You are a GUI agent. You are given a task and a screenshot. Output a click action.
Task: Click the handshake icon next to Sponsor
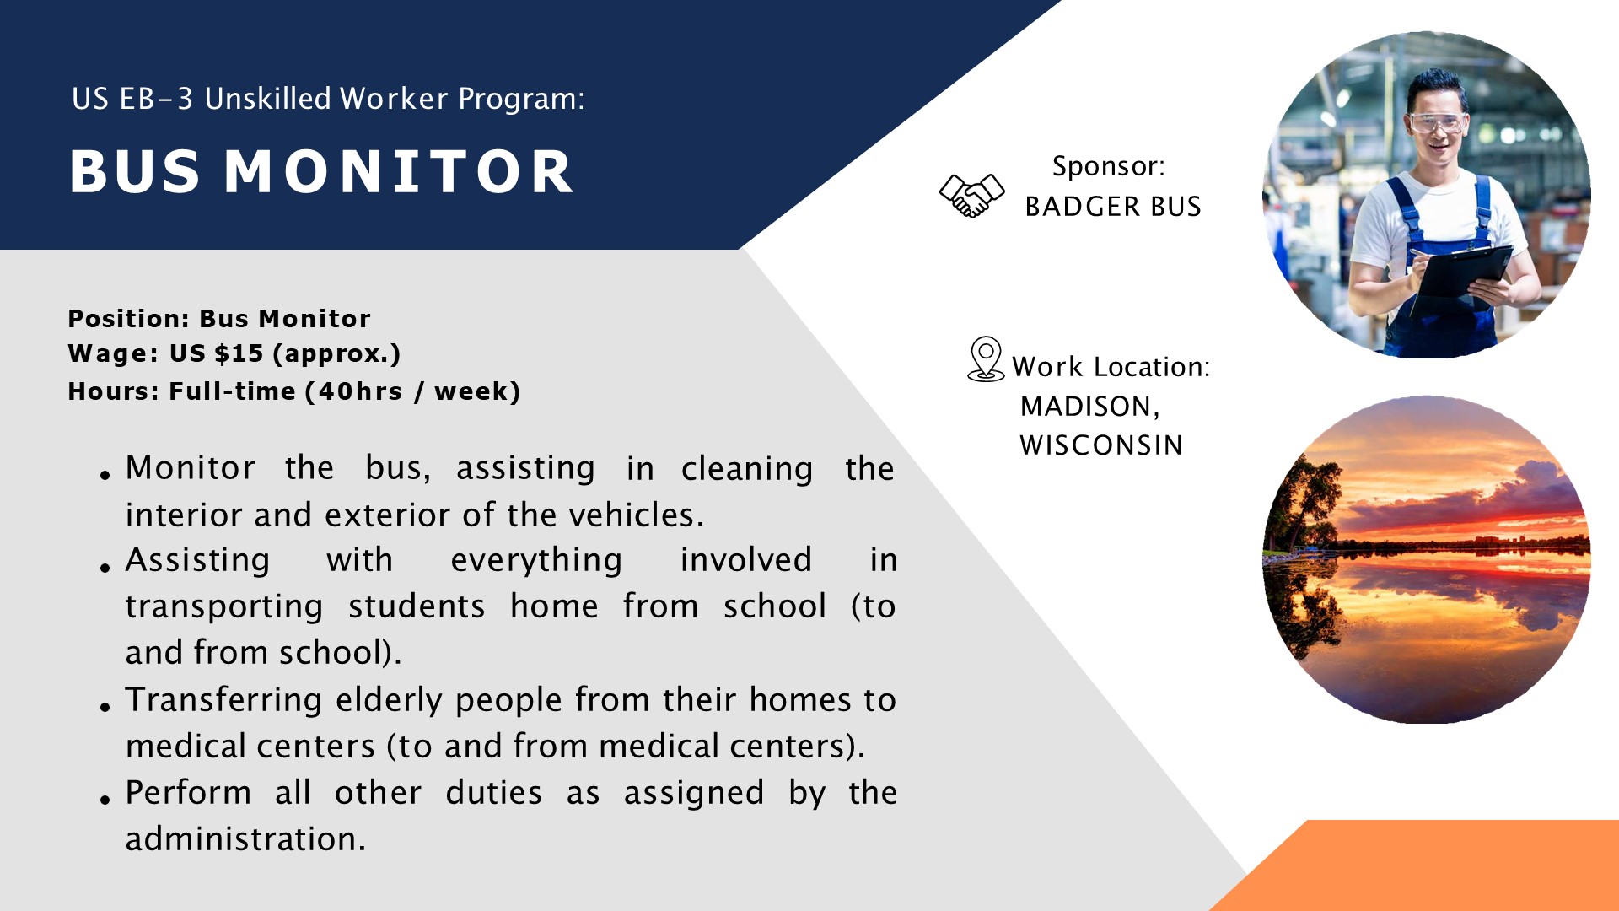[971, 196]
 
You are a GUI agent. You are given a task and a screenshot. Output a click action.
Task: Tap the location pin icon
[986, 359]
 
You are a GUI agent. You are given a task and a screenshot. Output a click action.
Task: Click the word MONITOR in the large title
[399, 172]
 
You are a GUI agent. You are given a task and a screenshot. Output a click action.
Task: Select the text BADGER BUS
[1113, 207]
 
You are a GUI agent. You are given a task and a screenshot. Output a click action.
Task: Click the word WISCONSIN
[1101, 445]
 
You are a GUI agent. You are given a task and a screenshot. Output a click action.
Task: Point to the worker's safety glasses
[1437, 122]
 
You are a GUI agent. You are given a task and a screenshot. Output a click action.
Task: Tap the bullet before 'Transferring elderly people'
[105, 707]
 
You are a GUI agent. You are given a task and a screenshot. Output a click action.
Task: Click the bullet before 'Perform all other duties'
[105, 800]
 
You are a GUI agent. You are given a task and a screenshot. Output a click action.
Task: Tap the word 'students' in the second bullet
[417, 607]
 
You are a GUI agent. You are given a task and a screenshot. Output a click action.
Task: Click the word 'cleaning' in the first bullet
[747, 470]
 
